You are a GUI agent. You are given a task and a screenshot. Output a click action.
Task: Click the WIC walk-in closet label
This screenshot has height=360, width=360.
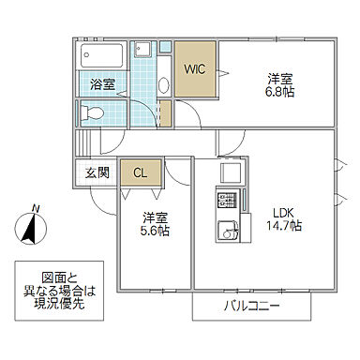tap(195, 68)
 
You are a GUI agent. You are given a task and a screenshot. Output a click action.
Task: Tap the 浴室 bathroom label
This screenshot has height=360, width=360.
tap(102, 84)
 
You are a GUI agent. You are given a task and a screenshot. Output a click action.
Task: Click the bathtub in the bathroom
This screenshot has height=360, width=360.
tap(101, 53)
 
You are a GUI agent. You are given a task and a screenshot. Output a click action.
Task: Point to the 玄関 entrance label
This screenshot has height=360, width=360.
tap(97, 172)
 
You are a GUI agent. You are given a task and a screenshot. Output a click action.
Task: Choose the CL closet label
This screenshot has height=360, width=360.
tap(140, 172)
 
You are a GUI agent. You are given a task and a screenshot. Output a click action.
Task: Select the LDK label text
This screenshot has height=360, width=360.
tap(283, 211)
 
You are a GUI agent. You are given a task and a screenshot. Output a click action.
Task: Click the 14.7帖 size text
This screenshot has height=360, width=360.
tap(285, 226)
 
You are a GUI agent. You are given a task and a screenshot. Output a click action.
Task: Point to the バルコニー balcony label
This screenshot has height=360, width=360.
tap(253, 306)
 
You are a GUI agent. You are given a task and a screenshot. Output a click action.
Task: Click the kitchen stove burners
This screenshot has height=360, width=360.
tap(227, 200)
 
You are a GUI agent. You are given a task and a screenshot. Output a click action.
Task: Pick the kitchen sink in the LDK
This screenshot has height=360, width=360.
tap(227, 230)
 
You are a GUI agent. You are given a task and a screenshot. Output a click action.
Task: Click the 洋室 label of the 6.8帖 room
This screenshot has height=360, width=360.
tap(279, 80)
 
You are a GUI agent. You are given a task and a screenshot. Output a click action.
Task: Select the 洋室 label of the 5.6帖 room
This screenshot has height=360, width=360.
tap(157, 217)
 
